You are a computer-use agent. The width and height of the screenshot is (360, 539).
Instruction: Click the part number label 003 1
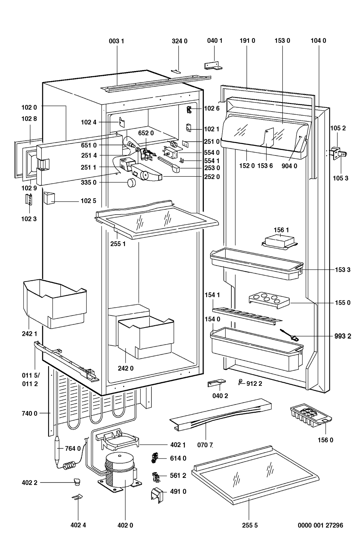pyautogui.click(x=117, y=41)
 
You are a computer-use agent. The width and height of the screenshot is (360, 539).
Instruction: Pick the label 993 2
pyautogui.click(x=342, y=336)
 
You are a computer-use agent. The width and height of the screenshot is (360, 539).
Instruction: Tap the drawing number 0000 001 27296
pyautogui.click(x=320, y=526)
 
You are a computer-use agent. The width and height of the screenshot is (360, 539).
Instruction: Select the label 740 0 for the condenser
pyautogui.click(x=29, y=413)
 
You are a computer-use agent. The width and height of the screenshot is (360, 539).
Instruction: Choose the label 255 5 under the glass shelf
pyautogui.click(x=250, y=526)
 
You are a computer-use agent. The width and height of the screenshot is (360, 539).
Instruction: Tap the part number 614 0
pyautogui.click(x=178, y=458)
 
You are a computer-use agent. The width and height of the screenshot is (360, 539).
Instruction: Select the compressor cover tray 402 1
pyautogui.click(x=117, y=440)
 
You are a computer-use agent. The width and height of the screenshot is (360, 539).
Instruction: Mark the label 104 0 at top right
pyautogui.click(x=318, y=41)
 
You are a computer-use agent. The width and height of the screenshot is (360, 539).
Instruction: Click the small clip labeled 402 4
pyautogui.click(x=77, y=497)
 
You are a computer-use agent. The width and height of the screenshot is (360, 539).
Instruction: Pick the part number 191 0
pyautogui.click(x=247, y=41)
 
